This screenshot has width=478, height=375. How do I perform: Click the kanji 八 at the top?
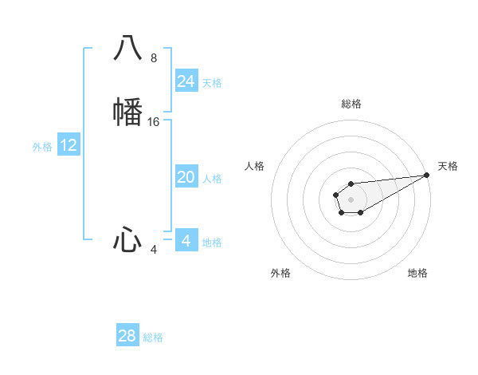tap(127, 48)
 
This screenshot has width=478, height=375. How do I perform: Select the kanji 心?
tap(127, 239)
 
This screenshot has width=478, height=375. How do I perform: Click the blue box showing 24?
tap(186, 81)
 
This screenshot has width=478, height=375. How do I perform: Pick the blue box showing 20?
tap(186, 177)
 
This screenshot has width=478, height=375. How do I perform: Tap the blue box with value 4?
tap(186, 241)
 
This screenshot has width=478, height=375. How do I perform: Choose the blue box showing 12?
tap(69, 145)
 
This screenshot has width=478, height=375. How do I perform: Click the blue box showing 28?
tap(127, 336)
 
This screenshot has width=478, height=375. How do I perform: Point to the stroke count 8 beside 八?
tap(154, 58)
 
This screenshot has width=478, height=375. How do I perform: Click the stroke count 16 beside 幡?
tap(154, 122)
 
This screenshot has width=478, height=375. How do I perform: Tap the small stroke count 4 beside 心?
tap(154, 250)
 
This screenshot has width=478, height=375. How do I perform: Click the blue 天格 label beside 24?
tap(212, 83)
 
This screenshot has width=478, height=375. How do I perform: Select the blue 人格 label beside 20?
tap(212, 179)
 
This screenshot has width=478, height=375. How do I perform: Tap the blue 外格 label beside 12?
tap(42, 147)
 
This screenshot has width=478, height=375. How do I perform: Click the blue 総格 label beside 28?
tap(153, 337)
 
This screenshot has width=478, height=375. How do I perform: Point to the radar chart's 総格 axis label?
tap(351, 104)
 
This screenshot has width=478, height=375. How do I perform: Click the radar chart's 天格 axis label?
tap(448, 166)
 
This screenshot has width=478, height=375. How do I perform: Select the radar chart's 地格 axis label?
tap(417, 273)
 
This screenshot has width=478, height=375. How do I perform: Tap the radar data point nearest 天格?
tap(426, 174)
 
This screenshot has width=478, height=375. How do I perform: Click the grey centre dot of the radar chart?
tap(351, 198)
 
